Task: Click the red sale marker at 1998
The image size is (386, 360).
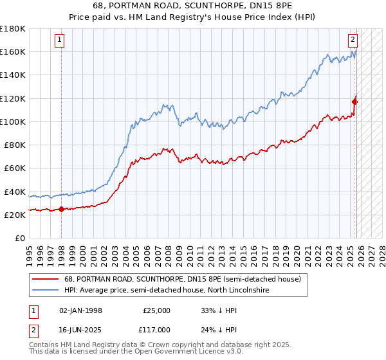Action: pyautogui.click(x=61, y=209)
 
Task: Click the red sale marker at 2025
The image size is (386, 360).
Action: pyautogui.click(x=354, y=100)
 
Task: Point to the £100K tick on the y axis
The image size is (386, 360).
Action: pyautogui.click(x=12, y=122)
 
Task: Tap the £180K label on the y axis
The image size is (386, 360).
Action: pyautogui.click(x=12, y=29)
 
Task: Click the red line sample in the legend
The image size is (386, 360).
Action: pyautogui.click(x=45, y=280)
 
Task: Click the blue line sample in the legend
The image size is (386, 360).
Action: pyautogui.click(x=45, y=291)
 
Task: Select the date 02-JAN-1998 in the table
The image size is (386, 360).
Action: pyautogui.click(x=80, y=310)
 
